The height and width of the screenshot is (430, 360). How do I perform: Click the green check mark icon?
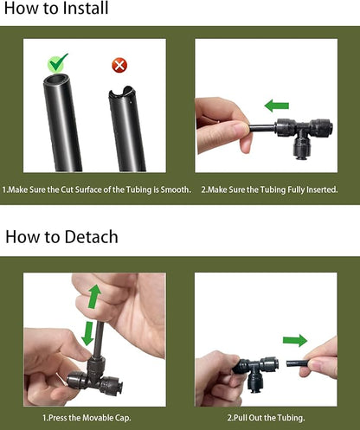click(x=58, y=63)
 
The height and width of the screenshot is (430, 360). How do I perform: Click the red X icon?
click(x=119, y=66)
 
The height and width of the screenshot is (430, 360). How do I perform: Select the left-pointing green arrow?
click(x=276, y=106)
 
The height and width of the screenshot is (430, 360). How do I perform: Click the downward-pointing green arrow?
click(x=87, y=332)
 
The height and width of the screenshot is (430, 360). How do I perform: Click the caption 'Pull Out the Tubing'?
click(x=266, y=418)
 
